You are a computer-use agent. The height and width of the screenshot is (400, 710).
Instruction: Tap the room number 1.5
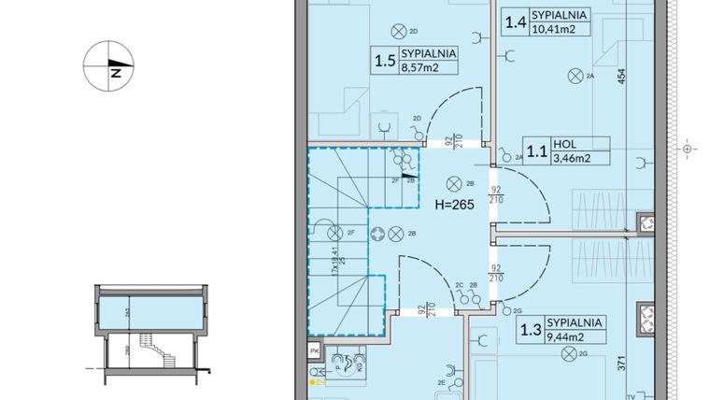pyautogui.click(x=384, y=63)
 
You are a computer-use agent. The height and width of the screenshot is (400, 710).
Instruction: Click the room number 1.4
pyautogui.click(x=515, y=21)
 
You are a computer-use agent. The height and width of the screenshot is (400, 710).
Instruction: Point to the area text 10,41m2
pyautogui.click(x=552, y=29)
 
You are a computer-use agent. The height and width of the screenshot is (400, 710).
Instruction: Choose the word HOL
pyautogui.click(x=563, y=145)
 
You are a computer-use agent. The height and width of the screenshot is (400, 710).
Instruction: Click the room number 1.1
pyautogui.click(x=536, y=150)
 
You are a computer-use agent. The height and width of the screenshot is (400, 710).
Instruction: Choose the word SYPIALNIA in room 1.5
pyautogui.click(x=428, y=54)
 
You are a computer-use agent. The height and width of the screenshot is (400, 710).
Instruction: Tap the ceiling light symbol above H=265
pyautogui.click(x=454, y=183)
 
